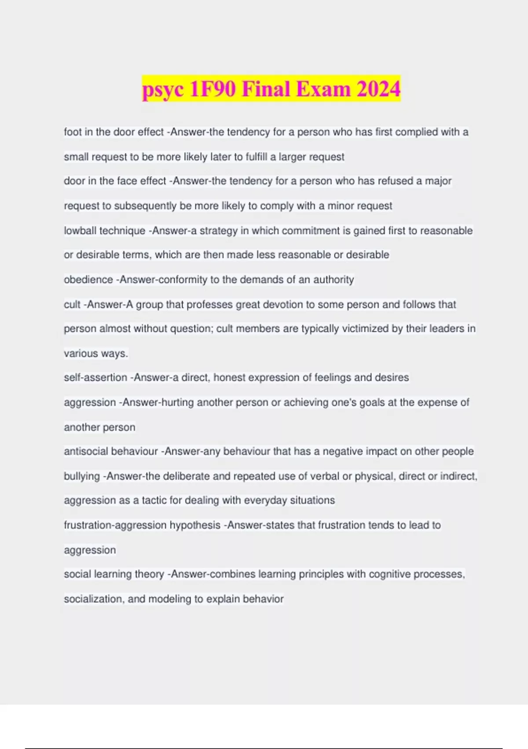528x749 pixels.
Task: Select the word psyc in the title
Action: [x=163, y=90]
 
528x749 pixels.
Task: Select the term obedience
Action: [x=88, y=280]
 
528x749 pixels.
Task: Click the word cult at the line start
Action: [x=72, y=304]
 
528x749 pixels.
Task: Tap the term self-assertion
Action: [x=95, y=378]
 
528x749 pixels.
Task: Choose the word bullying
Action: [x=82, y=476]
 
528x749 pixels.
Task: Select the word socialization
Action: [x=93, y=599]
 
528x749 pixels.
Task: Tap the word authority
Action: [x=334, y=280]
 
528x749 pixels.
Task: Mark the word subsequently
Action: [x=145, y=206]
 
